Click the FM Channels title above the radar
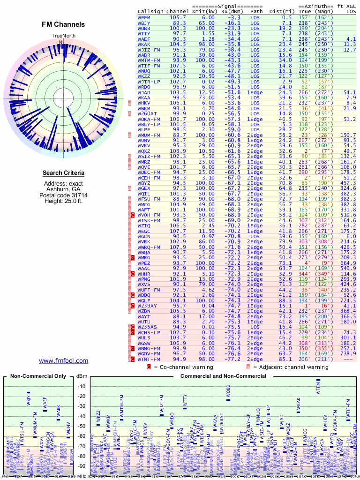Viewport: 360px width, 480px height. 63,25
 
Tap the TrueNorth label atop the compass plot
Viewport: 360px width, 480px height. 63,36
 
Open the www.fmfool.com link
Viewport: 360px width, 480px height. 63,360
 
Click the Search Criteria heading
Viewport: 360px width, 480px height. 63,173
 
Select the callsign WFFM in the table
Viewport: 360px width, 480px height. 144,17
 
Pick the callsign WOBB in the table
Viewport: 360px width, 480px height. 144,28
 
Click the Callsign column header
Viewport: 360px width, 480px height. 150,11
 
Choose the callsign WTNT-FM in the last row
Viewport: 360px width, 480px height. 150,359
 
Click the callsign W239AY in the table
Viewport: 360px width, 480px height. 148,306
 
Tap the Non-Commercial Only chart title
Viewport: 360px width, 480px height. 38,376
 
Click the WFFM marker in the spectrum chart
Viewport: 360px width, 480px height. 318,380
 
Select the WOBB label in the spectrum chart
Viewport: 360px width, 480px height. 228,391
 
